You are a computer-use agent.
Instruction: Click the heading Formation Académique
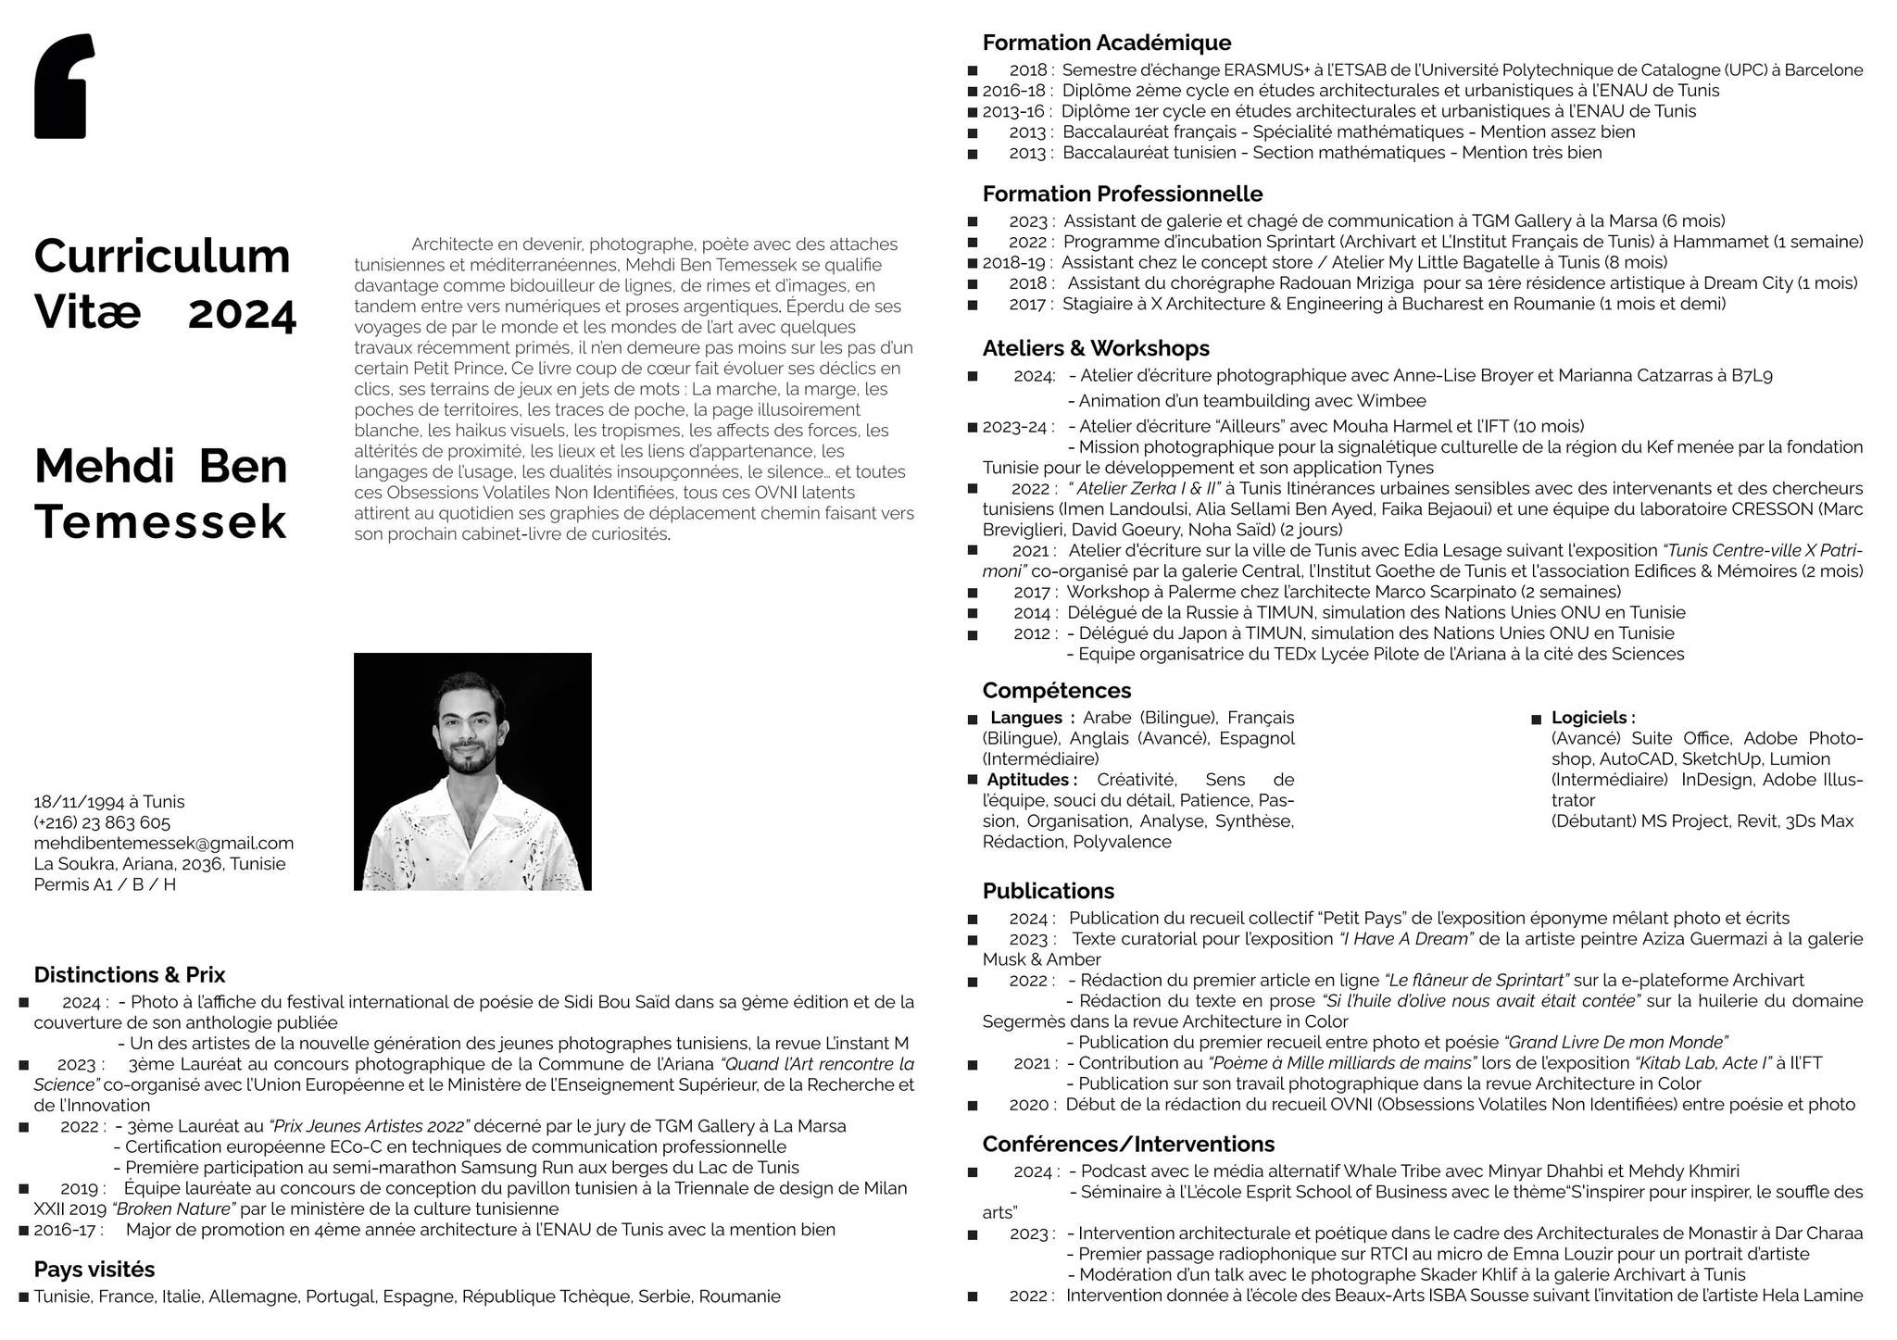coord(1106,43)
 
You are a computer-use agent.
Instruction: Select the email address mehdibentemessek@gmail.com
coord(163,844)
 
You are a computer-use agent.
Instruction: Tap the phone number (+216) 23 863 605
coord(102,823)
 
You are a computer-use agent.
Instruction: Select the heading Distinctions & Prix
coord(130,975)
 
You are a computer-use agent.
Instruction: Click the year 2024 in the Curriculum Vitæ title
coord(242,315)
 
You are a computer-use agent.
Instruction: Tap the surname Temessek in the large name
coord(160,522)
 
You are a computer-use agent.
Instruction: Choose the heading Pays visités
coord(94,1270)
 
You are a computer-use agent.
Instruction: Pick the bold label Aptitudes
coord(1031,780)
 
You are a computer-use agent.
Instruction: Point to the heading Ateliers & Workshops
coord(1096,348)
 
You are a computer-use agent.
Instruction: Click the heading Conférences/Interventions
coord(1128,1144)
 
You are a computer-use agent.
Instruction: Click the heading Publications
coord(1048,891)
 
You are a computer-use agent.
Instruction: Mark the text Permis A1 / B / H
coord(105,884)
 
